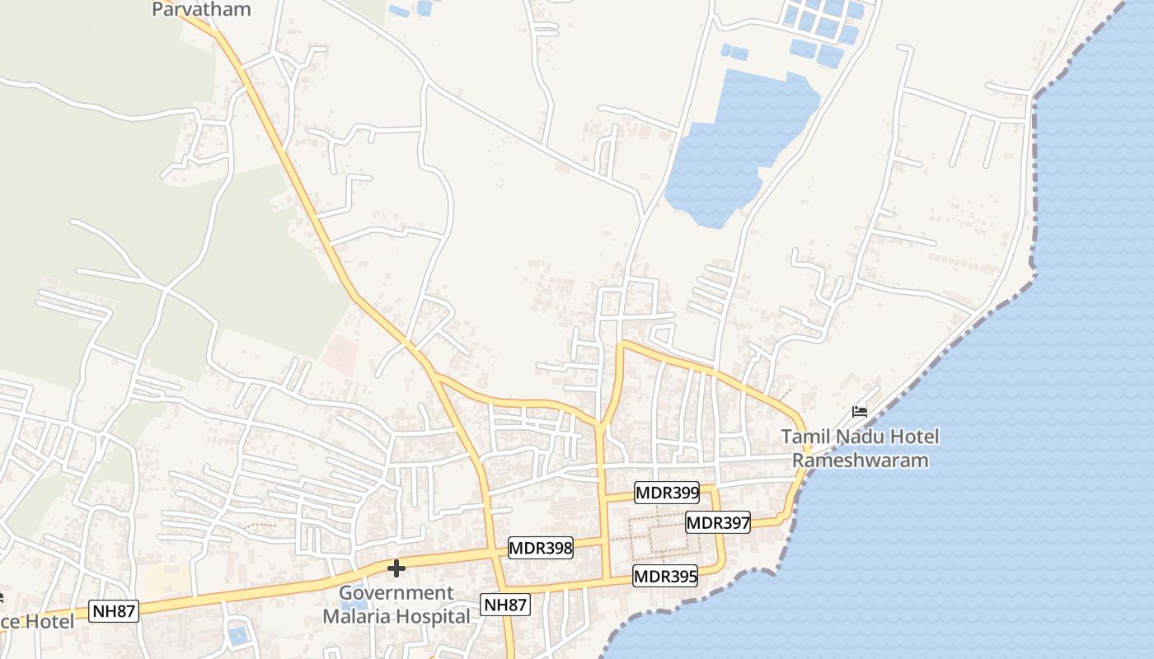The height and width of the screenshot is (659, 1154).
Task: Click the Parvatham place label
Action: pos(202,9)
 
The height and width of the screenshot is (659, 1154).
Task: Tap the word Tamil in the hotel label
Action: pos(807,437)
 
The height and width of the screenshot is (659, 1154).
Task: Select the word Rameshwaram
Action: pos(860,460)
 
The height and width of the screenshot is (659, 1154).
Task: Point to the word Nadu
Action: pos(861,437)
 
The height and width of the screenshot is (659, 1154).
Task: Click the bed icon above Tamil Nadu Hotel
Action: pos(860,411)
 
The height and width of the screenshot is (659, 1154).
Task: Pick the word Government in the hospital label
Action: pos(396,593)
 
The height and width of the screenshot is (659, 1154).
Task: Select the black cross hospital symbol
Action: pos(396,568)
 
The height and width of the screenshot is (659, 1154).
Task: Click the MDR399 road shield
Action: pos(667,493)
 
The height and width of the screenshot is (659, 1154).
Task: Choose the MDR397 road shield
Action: pos(718,522)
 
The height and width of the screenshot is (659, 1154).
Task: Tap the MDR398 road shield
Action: pos(540,548)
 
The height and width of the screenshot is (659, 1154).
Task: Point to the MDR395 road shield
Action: pos(665,577)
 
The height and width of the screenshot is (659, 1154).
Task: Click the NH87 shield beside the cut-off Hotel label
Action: pos(114,611)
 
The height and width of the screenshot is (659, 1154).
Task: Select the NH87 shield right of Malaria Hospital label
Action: pos(505,605)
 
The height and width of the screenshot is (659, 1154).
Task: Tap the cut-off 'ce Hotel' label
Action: pos(36,621)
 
